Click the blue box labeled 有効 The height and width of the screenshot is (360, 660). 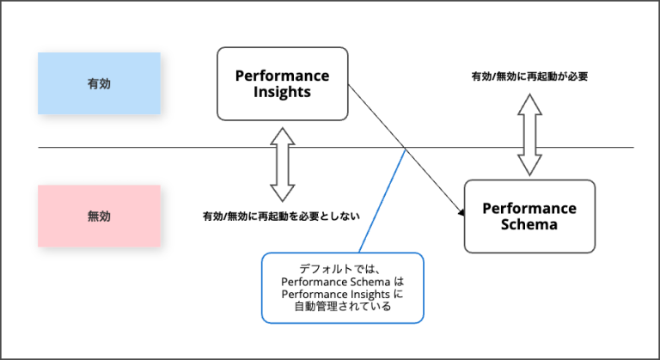(99, 83)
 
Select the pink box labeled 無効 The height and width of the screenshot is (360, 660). (99, 216)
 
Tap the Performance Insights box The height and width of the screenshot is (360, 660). (283, 84)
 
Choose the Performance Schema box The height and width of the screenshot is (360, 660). (529, 217)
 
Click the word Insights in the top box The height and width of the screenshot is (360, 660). (282, 92)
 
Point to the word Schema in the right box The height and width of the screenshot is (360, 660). (529, 224)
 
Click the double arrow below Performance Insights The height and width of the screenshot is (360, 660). (283, 165)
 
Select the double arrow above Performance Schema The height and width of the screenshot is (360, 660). (529, 135)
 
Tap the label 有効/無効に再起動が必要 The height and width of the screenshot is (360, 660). (529, 76)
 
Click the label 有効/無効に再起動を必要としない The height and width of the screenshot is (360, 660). (281, 216)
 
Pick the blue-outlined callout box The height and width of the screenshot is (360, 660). (343, 288)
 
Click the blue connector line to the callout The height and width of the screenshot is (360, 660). (382, 200)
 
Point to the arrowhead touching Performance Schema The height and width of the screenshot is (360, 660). (461, 212)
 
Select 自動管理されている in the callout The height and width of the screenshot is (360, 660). (343, 306)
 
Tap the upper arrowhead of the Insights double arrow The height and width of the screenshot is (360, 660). (283, 136)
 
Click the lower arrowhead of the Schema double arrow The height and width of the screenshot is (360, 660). (529, 166)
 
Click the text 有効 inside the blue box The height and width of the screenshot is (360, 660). (99, 83)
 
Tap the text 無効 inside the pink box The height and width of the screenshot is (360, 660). (99, 216)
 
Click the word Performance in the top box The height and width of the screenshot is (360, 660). (282, 76)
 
